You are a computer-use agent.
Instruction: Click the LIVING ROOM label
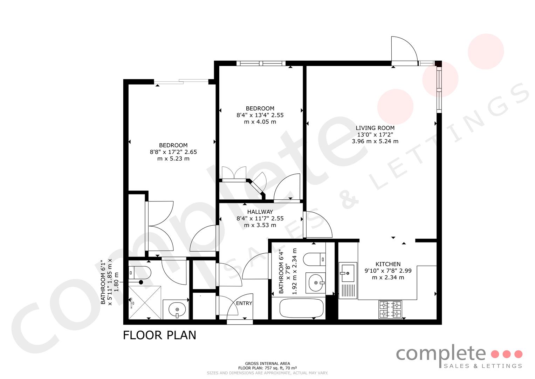(x=375, y=128)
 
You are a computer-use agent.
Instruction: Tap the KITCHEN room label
(x=388, y=264)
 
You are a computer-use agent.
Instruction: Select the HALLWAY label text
(x=260, y=212)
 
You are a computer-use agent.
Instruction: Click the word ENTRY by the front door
(x=244, y=303)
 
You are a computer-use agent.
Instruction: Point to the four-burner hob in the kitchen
(x=390, y=309)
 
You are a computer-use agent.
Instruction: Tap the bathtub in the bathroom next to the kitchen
(x=301, y=308)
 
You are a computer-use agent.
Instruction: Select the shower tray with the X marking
(x=145, y=302)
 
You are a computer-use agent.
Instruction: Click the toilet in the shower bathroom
(x=139, y=273)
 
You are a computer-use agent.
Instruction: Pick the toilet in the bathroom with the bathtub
(x=314, y=259)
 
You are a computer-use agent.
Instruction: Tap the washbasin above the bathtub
(x=316, y=283)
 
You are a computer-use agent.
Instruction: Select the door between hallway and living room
(x=318, y=225)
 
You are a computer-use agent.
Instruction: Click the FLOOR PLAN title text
(x=159, y=335)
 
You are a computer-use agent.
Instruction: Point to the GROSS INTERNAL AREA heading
(x=268, y=364)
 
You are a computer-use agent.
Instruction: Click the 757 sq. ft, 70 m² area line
(x=268, y=368)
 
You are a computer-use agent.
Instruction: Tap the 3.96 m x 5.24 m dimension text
(x=375, y=141)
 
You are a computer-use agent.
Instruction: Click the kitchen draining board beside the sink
(x=348, y=290)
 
